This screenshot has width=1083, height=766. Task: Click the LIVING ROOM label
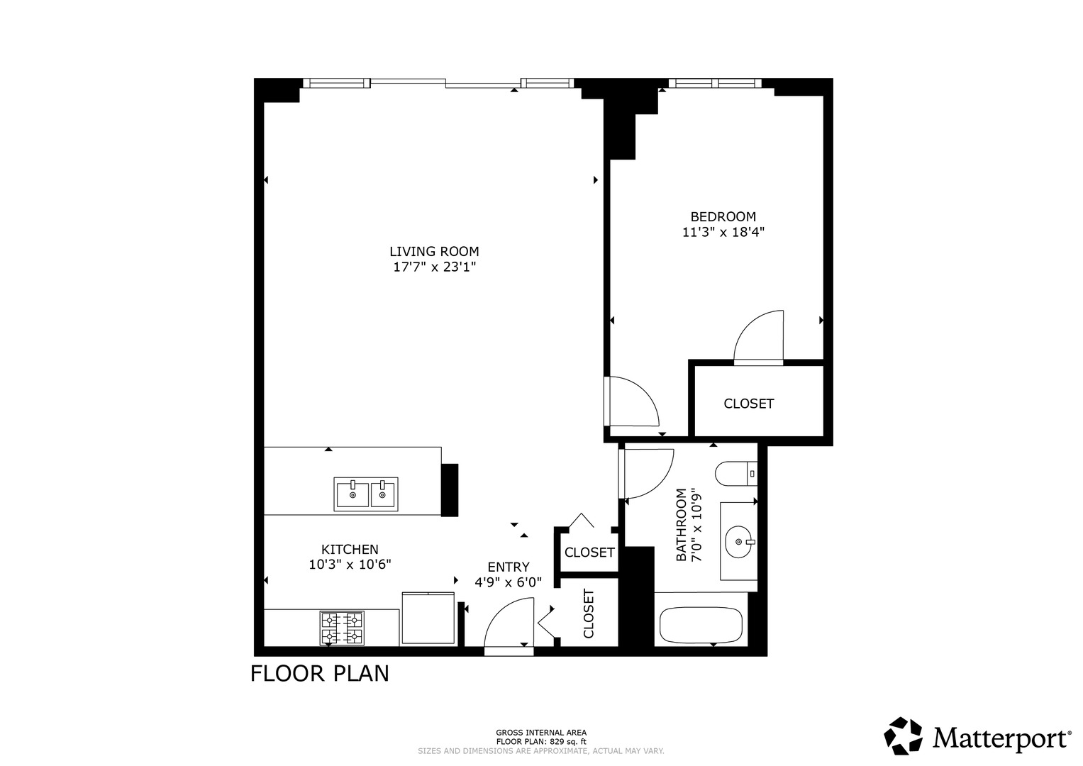(434, 252)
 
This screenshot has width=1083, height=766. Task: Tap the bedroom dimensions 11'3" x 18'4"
(723, 233)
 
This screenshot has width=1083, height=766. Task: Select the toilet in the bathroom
(736, 474)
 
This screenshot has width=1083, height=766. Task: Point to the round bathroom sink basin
(739, 542)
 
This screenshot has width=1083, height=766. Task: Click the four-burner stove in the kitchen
(342, 628)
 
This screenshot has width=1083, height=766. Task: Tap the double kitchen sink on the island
(366, 494)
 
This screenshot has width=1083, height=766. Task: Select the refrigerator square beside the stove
(428, 618)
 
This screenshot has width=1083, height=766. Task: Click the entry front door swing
(509, 624)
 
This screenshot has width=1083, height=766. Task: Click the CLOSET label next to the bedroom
(748, 404)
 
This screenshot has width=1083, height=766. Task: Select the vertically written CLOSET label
(589, 614)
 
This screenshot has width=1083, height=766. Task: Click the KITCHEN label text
(350, 550)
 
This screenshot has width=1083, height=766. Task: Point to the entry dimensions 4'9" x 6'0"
(508, 582)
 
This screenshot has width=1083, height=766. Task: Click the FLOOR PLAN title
(320, 674)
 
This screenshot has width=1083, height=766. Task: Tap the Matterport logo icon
(903, 736)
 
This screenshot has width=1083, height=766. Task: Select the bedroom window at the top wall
(715, 83)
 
